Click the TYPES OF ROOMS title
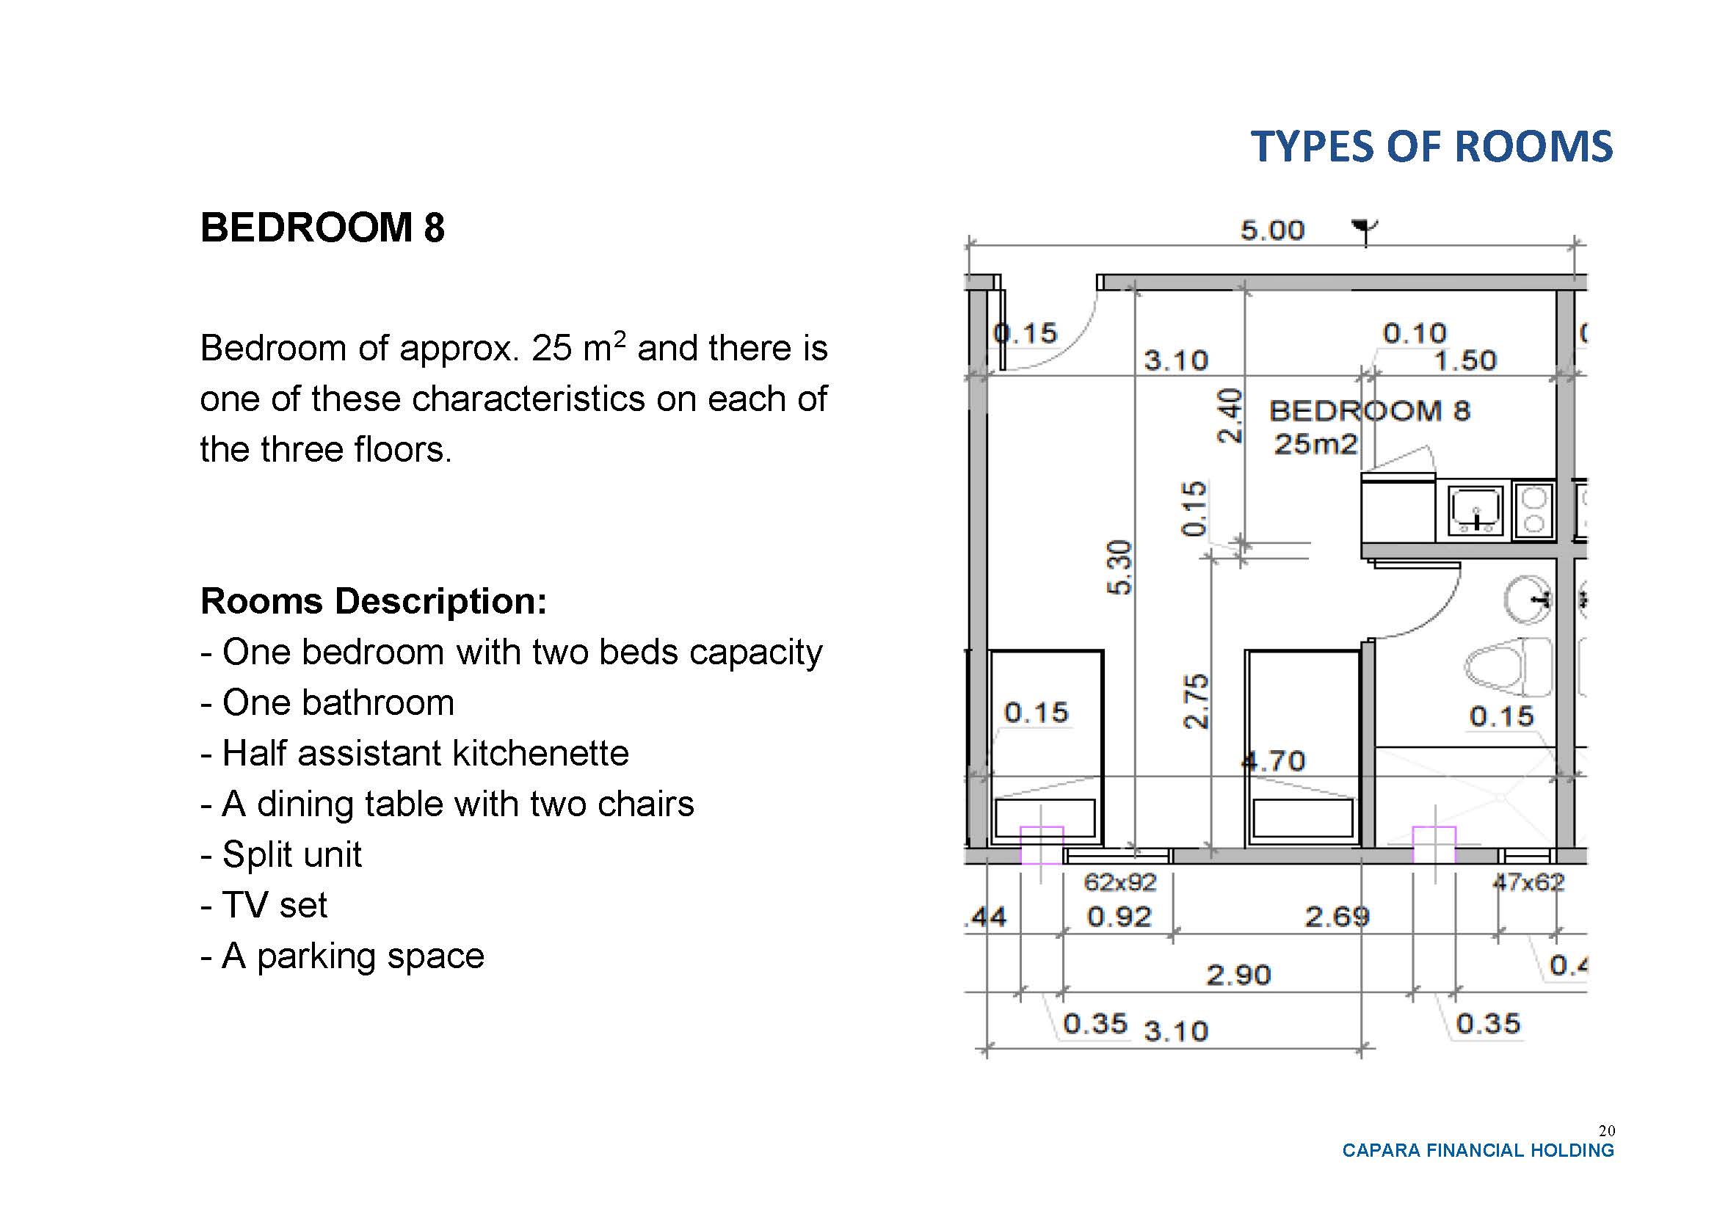pyautogui.click(x=1431, y=147)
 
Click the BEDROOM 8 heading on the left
pyautogui.click(x=322, y=228)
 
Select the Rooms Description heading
pyautogui.click(x=373, y=601)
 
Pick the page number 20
pyautogui.click(x=1605, y=1130)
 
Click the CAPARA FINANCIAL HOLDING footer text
pyautogui.click(x=1478, y=1150)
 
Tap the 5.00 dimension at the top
pyautogui.click(x=1272, y=230)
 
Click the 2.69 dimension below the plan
pyautogui.click(x=1337, y=917)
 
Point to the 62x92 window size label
pyautogui.click(x=1119, y=883)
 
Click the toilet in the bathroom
pyautogui.click(x=1508, y=666)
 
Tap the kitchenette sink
pyautogui.click(x=1475, y=512)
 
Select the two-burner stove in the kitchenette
pyautogui.click(x=1533, y=511)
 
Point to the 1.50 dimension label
pyautogui.click(x=1464, y=360)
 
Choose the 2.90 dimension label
pyautogui.click(x=1238, y=975)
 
